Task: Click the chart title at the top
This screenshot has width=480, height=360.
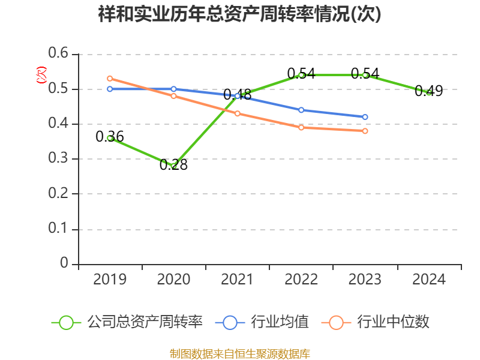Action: click(239, 14)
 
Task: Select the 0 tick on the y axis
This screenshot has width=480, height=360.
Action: click(65, 264)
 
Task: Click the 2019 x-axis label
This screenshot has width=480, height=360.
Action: click(110, 280)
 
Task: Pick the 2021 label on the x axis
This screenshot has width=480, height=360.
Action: click(238, 280)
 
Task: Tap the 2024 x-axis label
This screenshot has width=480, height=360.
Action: click(429, 280)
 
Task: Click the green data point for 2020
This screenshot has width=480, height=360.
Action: click(174, 166)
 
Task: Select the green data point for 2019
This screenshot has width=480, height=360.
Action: click(110, 138)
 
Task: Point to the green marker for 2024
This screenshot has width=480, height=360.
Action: click(429, 92)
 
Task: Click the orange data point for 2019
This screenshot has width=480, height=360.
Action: click(110, 79)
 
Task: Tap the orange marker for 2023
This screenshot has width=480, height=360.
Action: click(365, 131)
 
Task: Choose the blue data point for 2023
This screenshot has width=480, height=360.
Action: click(365, 117)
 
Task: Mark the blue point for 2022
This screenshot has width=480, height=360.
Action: click(301, 110)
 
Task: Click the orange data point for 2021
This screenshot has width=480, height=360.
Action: click(238, 113)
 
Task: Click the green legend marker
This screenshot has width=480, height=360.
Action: click(67, 322)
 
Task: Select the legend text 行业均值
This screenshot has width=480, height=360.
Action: click(280, 322)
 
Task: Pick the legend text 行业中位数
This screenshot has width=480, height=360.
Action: click(393, 322)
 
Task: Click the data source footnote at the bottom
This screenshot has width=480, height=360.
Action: click(239, 353)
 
